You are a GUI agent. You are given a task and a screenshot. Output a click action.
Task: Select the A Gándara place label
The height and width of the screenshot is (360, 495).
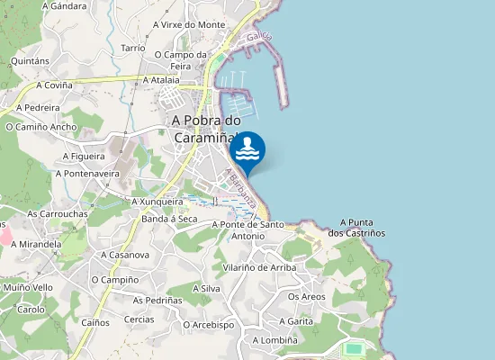[x=63, y=6]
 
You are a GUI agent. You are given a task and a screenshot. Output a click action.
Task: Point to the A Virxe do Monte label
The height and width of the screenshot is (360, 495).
[x=189, y=24]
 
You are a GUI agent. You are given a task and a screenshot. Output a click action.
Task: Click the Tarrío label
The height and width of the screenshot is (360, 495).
[x=133, y=47]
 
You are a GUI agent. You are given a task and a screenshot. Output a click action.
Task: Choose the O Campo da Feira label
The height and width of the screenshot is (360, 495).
[x=180, y=59]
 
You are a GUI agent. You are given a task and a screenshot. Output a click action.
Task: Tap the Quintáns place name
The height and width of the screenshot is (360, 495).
[x=30, y=61]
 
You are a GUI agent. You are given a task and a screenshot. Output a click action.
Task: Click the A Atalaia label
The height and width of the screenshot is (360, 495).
[x=163, y=79]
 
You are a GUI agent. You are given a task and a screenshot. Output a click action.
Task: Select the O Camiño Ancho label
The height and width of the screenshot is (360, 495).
[x=41, y=127]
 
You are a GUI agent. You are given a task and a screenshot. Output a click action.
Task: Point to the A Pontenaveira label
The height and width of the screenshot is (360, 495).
[x=91, y=173]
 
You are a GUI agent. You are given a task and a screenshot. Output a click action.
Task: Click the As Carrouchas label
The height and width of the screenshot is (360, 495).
[x=58, y=214]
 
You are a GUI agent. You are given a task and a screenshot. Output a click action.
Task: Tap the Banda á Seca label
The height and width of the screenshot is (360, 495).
[x=169, y=219]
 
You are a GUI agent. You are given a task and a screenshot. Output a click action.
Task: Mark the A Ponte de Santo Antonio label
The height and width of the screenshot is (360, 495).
[x=247, y=230]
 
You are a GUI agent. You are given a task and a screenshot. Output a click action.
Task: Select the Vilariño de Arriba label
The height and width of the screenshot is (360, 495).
[x=258, y=267]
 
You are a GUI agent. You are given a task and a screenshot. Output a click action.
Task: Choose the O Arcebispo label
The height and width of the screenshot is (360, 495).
[x=209, y=325]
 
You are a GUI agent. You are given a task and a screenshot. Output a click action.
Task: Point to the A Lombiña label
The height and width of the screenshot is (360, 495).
[x=274, y=340]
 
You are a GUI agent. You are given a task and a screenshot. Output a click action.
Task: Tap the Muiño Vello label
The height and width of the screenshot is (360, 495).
[x=28, y=288]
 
